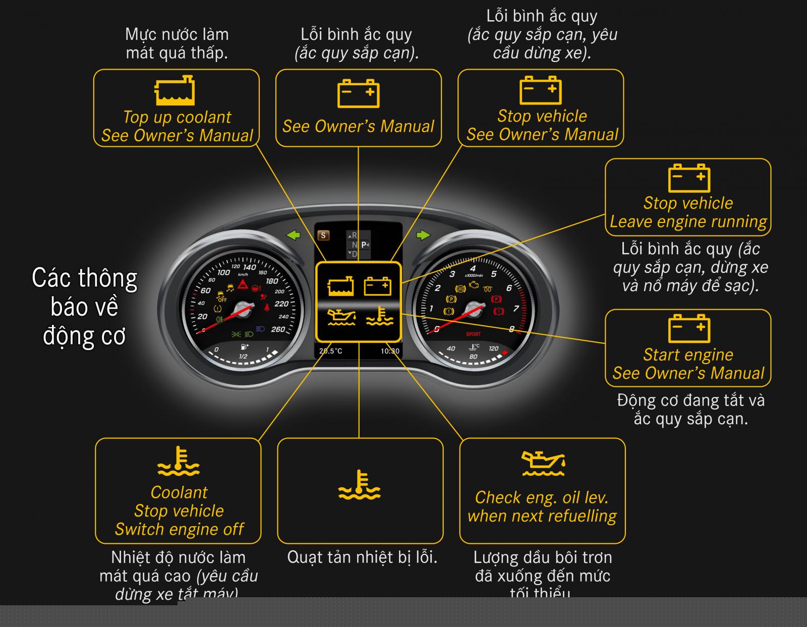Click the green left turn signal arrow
pos(293,235)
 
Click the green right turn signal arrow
pos(424,235)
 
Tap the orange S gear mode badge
pos(323,236)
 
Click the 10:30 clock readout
pos(389,351)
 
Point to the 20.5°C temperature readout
pos(330,351)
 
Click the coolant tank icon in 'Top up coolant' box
pos(175,91)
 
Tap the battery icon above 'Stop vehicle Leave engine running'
pos(689,178)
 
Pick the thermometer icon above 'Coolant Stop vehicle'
pos(179,461)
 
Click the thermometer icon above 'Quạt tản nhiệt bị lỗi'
pos(359,485)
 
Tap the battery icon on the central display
pos(378,286)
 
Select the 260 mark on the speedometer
pos(278,329)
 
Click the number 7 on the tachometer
pos(515,309)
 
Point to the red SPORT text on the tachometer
pos(473,334)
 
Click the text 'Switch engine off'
pos(179,529)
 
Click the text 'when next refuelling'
pos(542,516)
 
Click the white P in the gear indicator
pos(364,245)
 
